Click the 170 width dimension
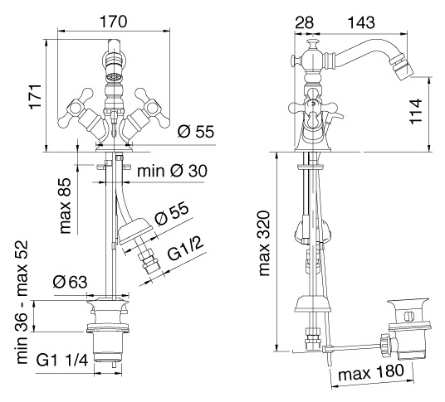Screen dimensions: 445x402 pyautogui.click(x=113, y=22)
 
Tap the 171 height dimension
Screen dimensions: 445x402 pyautogui.click(x=36, y=96)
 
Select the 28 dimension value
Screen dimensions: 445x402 pyautogui.click(x=304, y=22)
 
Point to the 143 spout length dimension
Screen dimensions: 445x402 pyautogui.click(x=361, y=22)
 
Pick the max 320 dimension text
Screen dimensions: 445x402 pyautogui.click(x=264, y=244)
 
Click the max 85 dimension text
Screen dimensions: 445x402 pyautogui.click(x=66, y=206)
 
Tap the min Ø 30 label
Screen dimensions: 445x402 pyautogui.click(x=172, y=171)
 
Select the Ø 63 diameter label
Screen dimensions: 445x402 pyautogui.click(x=70, y=282)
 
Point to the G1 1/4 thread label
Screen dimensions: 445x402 pyautogui.click(x=62, y=360)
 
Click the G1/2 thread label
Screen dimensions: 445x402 pyautogui.click(x=186, y=249)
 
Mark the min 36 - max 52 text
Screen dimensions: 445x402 pyautogui.click(x=22, y=302)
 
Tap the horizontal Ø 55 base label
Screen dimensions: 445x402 pyautogui.click(x=196, y=132)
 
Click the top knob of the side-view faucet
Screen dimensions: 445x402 pyautogui.click(x=311, y=44)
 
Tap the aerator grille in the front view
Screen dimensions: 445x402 pyautogui.click(x=113, y=76)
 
